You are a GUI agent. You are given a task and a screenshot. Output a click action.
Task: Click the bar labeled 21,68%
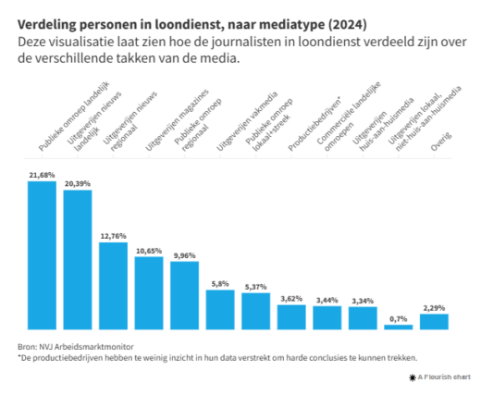[x=42, y=254]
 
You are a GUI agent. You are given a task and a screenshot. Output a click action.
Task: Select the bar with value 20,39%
[x=78, y=259]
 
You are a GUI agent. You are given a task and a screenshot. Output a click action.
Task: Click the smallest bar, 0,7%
[x=399, y=327]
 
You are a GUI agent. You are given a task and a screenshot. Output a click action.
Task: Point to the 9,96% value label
[x=184, y=255]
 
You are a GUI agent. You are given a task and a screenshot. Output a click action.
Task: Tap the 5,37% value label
[x=255, y=286]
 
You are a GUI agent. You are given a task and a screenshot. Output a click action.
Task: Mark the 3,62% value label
[x=291, y=298]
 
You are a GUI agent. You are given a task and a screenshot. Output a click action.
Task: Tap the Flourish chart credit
[x=441, y=377]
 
